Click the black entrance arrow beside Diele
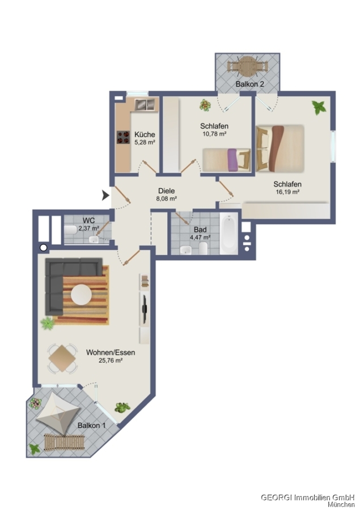click(x=105, y=195)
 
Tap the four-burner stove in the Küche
click(x=122, y=137)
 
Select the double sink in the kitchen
click(x=145, y=104)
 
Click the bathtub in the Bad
click(x=228, y=233)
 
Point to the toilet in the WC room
click(x=71, y=229)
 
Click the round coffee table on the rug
click(x=81, y=295)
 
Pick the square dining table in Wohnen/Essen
click(x=62, y=358)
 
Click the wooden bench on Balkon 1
click(x=65, y=441)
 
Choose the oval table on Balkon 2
click(x=247, y=66)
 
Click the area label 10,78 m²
click(x=214, y=133)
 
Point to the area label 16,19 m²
click(x=287, y=192)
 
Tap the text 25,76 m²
click(x=111, y=360)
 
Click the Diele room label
click(x=166, y=191)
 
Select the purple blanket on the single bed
click(x=232, y=160)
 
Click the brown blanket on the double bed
click(x=277, y=148)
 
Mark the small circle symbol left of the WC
click(x=43, y=248)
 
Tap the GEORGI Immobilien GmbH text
click(x=308, y=498)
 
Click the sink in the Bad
click(x=186, y=250)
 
